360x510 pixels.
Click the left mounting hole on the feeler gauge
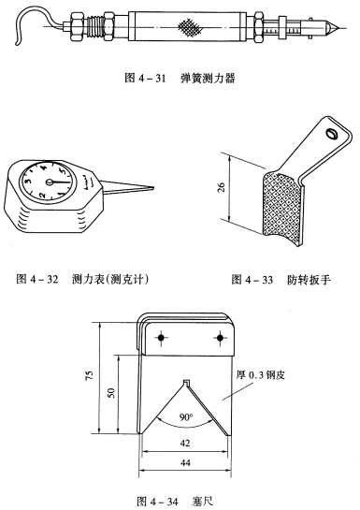coord(162,336)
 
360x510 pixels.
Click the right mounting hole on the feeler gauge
coord(220,336)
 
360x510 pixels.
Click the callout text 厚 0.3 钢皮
coord(266,376)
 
